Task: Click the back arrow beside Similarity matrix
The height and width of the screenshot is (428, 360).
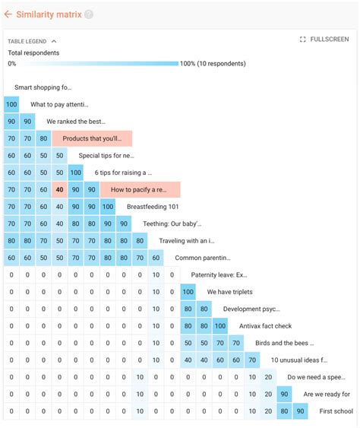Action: click(8, 14)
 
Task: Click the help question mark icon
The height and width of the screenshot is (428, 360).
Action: click(89, 14)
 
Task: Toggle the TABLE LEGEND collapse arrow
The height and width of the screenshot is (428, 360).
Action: click(54, 41)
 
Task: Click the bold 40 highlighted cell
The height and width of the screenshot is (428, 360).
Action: click(59, 189)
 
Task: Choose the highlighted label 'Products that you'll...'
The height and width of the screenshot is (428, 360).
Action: click(92, 138)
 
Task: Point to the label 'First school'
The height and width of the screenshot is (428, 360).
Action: click(336, 411)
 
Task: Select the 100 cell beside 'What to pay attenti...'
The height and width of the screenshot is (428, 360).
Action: click(11, 104)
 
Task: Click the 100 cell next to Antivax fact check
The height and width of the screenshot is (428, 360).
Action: click(220, 326)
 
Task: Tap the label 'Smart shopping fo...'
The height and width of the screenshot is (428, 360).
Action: click(43, 87)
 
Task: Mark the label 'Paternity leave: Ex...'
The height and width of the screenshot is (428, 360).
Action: click(219, 274)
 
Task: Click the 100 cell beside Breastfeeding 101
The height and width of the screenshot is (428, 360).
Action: click(108, 206)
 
